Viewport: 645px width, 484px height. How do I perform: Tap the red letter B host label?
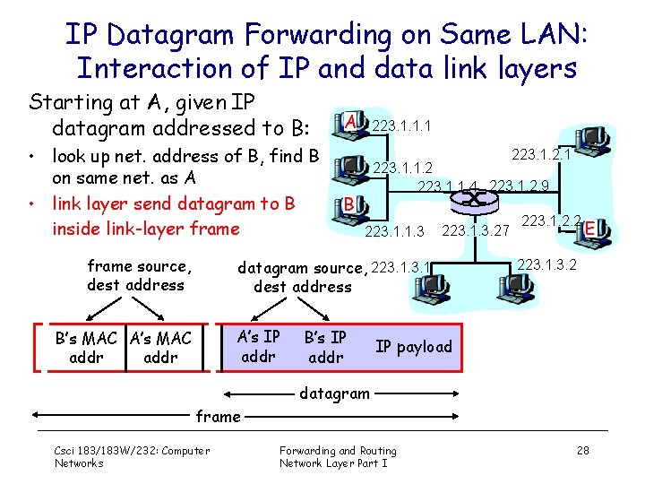pyautogui.click(x=348, y=203)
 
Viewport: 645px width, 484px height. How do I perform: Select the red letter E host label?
pyautogui.click(x=590, y=230)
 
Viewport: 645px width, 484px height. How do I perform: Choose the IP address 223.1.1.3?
pyautogui.click(x=394, y=233)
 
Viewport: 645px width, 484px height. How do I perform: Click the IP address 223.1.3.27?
pyautogui.click(x=476, y=231)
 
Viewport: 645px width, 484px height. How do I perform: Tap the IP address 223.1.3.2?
pyautogui.click(x=546, y=264)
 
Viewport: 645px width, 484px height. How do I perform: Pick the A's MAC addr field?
pyautogui.click(x=160, y=348)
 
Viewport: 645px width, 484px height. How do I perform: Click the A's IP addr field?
pyautogui.click(x=259, y=347)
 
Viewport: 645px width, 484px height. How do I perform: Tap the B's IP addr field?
pyautogui.click(x=325, y=347)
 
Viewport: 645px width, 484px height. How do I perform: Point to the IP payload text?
pyautogui.click(x=414, y=347)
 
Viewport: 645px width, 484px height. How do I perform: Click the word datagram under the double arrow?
pyautogui.click(x=333, y=392)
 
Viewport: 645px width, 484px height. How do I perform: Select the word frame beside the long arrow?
pyautogui.click(x=219, y=416)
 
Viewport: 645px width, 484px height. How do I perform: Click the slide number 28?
pyautogui.click(x=582, y=450)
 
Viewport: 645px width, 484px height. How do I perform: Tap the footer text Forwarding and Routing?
pyautogui.click(x=338, y=450)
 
